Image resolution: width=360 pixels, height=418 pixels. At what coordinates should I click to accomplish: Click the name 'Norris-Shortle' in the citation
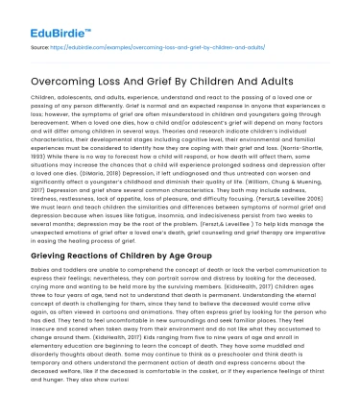click(297, 132)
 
